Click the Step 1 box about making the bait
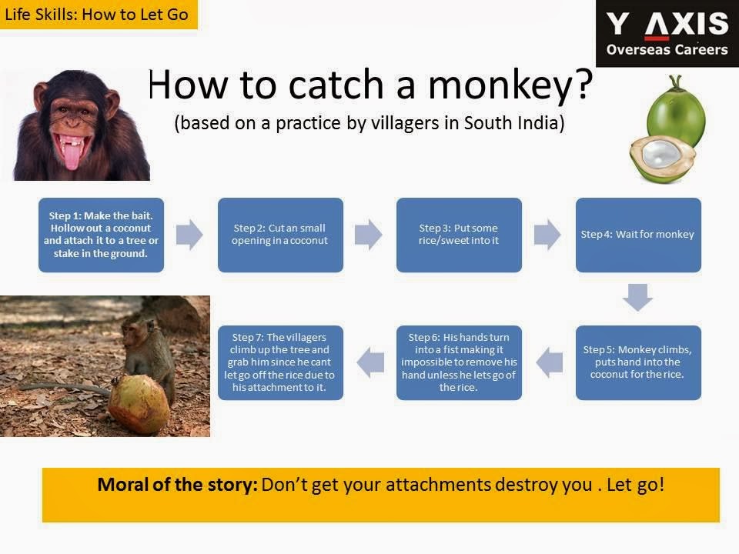(102, 235)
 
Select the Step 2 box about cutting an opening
(280, 235)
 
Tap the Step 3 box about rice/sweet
(459, 235)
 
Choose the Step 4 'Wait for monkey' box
(638, 235)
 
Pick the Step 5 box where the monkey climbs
(638, 362)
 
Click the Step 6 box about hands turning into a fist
(459, 362)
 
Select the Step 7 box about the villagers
(280, 362)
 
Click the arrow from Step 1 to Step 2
(189, 234)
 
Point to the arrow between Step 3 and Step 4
(547, 234)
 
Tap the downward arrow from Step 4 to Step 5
(637, 297)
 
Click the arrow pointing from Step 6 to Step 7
(370, 362)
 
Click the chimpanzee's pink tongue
(72, 157)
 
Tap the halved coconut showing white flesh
(662, 159)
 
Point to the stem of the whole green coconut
(677, 82)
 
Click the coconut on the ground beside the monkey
(139, 405)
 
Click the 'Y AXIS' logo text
(667, 24)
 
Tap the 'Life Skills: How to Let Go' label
(97, 14)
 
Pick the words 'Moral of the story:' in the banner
(177, 485)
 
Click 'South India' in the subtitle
(514, 123)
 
